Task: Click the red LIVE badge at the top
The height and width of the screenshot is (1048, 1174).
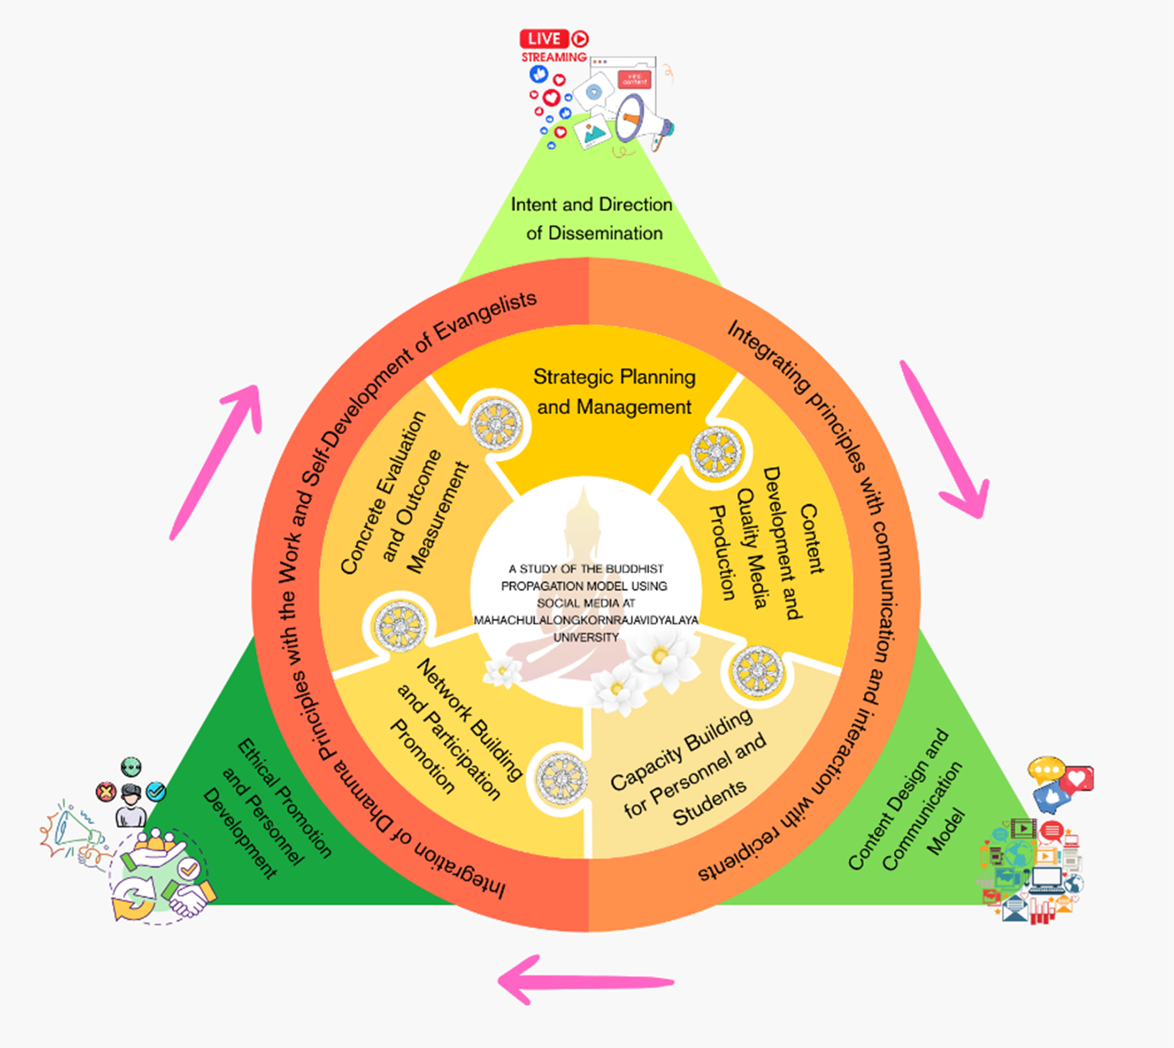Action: tap(544, 38)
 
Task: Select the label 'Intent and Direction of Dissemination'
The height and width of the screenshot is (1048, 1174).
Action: tap(592, 218)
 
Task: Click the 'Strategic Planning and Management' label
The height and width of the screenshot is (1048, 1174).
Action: tap(614, 392)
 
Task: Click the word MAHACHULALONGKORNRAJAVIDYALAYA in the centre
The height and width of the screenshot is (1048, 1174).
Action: tap(586, 620)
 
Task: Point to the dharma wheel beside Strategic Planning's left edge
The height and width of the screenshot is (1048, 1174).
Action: tap(497, 425)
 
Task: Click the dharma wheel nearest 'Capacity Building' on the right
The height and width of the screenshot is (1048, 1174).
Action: tap(757, 670)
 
